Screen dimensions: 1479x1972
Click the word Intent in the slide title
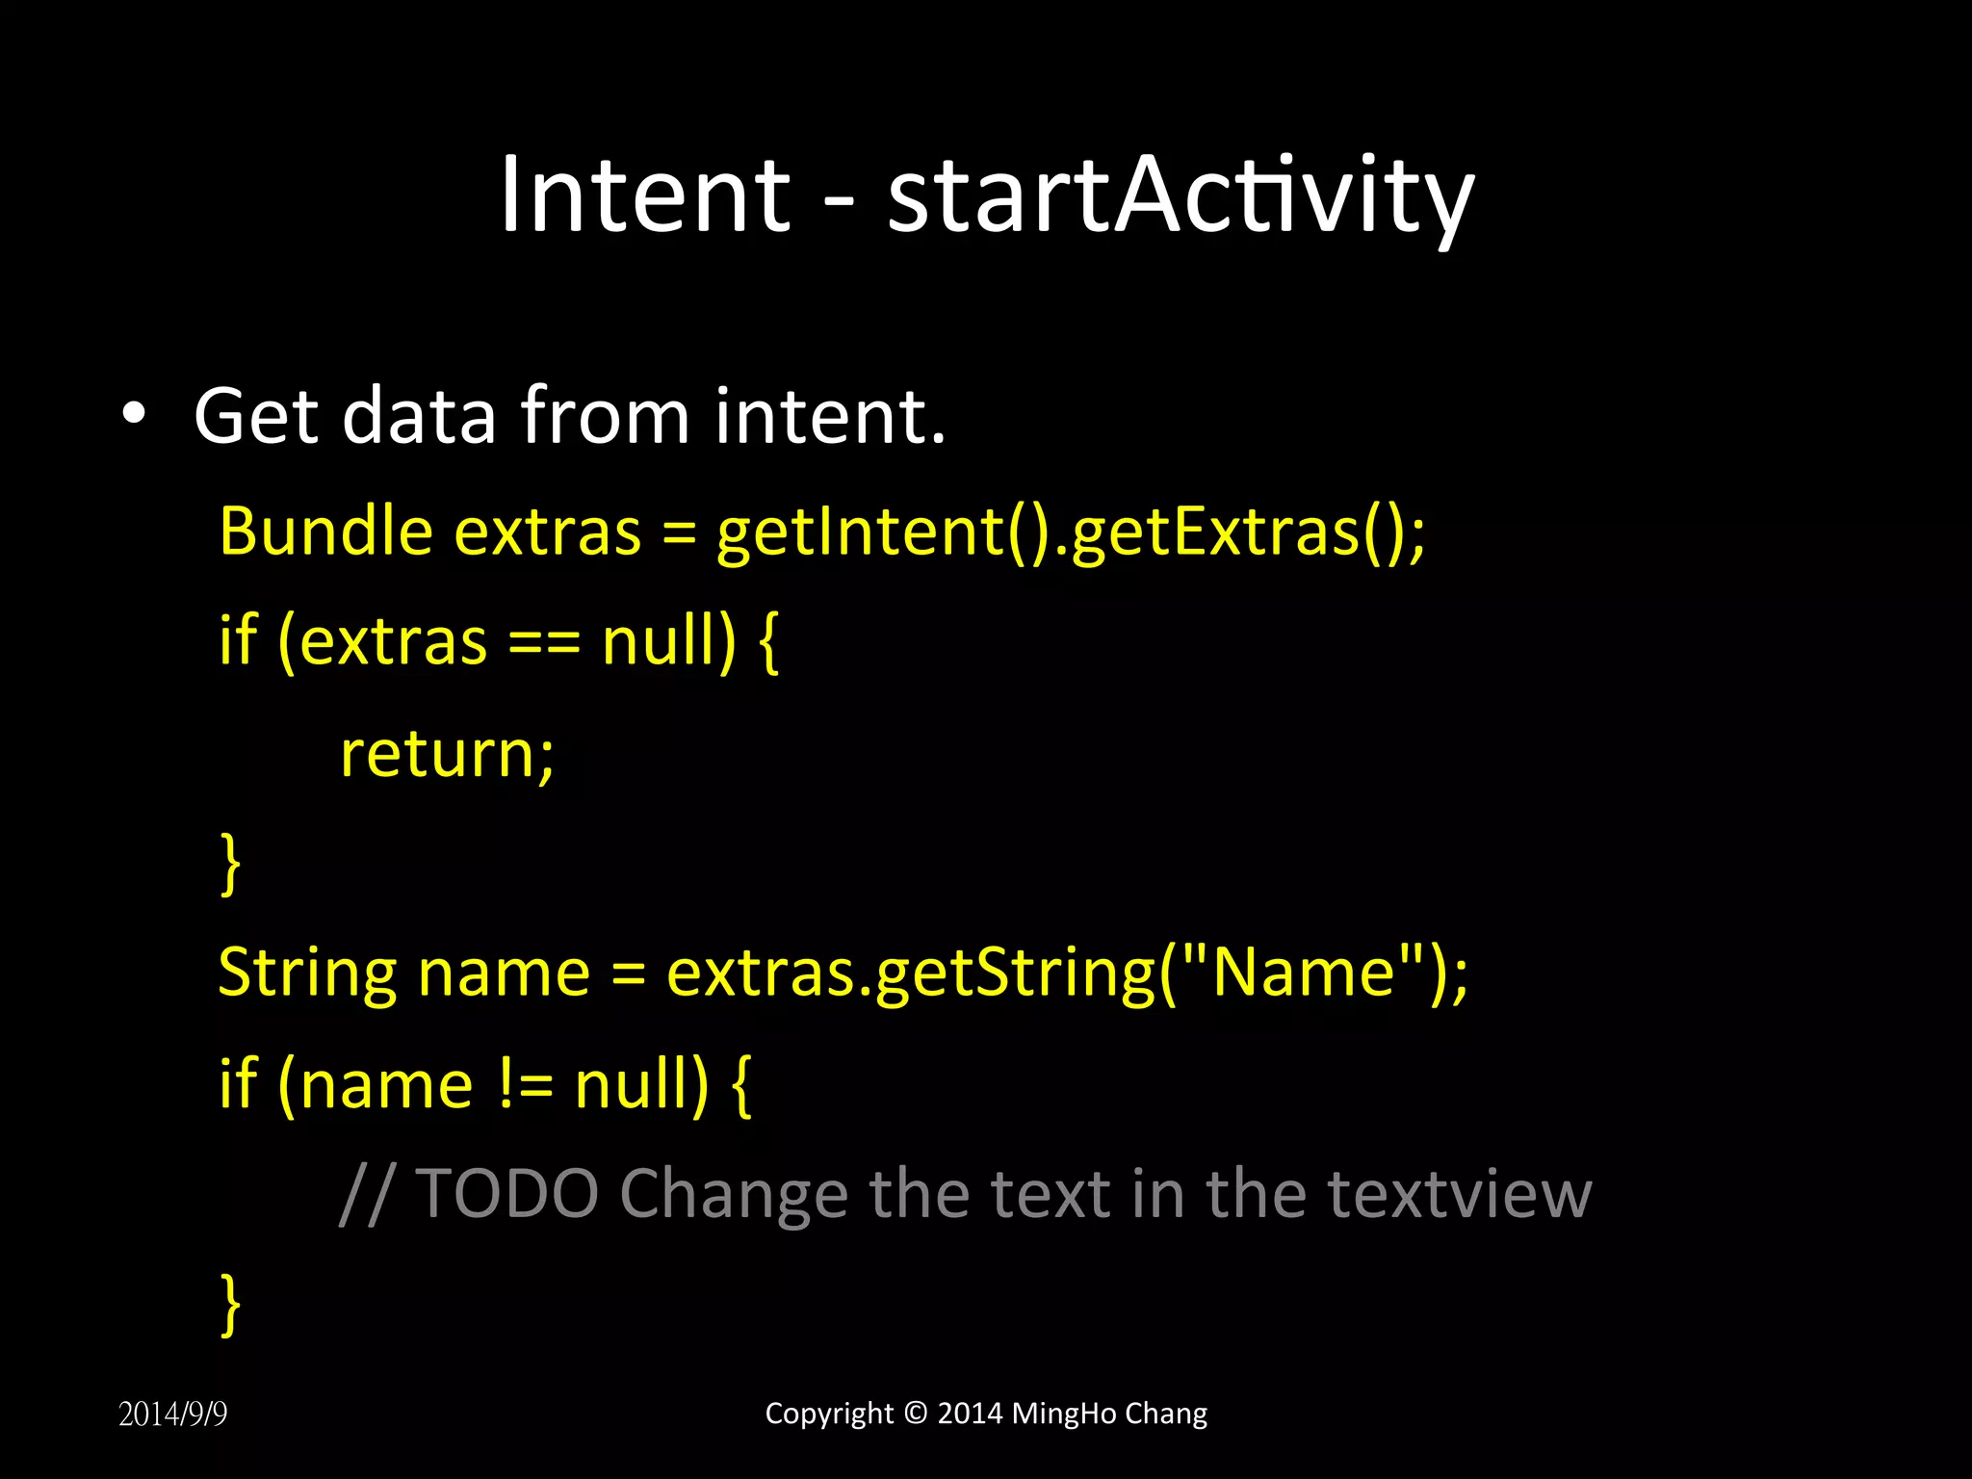pos(644,195)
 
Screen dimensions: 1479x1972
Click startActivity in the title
pos(1180,197)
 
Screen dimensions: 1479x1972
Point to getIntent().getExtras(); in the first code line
pos(1070,532)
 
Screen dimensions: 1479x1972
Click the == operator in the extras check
pos(544,642)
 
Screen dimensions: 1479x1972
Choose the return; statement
pos(447,753)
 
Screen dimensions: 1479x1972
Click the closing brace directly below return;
pos(230,864)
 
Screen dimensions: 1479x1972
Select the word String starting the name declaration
pos(307,973)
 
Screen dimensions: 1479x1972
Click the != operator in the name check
pos(526,1084)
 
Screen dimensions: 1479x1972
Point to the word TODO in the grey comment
pos(507,1194)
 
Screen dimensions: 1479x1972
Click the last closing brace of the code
pos(230,1305)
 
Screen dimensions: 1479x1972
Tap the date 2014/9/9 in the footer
pos(172,1414)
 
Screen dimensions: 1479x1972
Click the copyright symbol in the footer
pos(916,1413)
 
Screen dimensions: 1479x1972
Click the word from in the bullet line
pos(606,416)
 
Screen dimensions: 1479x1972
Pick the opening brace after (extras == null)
pos(767,642)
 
